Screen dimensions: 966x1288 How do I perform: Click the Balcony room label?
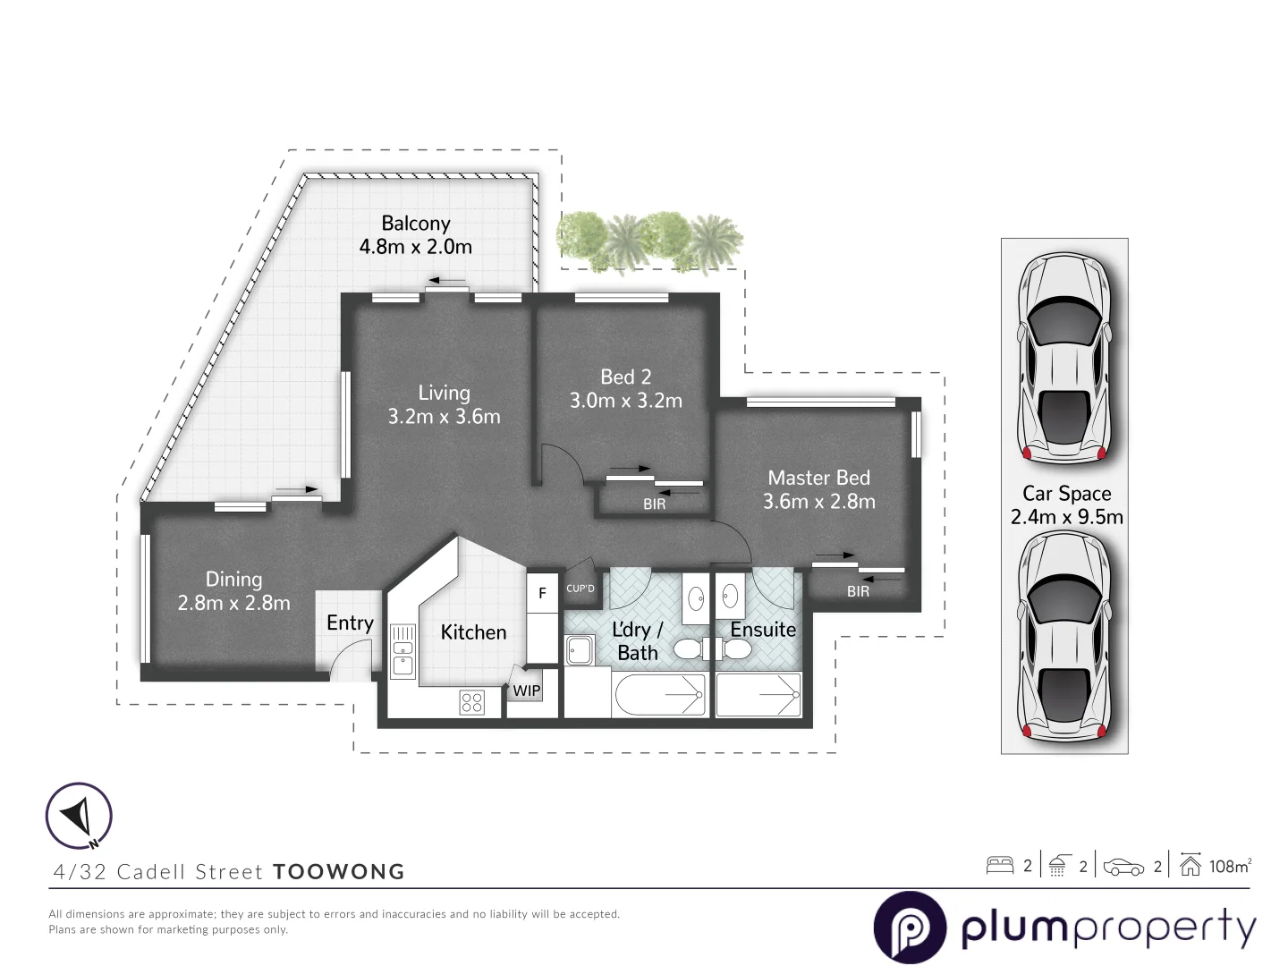pos(415,224)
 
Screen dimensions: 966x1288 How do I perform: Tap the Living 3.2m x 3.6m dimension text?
pos(444,417)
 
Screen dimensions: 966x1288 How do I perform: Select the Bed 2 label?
pos(625,377)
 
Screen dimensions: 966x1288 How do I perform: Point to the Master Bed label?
pos(818,479)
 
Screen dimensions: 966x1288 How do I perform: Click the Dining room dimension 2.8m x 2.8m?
pos(233,604)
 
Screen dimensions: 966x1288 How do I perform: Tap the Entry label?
pos(350,623)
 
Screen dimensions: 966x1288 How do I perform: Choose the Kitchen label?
pos(473,632)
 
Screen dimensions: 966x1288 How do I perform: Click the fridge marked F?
pos(542,593)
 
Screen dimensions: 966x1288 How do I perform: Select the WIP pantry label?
pos(526,691)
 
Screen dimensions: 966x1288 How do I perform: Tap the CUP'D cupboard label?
pos(580,589)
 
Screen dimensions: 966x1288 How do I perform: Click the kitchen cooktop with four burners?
pos(471,702)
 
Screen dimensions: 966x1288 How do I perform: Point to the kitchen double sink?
pos(403,650)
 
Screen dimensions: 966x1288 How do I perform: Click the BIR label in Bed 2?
pos(654,504)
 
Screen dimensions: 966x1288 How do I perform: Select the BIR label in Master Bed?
pos(858,591)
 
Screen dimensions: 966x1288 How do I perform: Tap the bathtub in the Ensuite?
pos(758,695)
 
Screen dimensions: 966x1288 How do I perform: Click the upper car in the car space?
pos(1064,358)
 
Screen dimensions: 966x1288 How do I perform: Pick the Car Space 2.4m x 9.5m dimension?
pos(1066,517)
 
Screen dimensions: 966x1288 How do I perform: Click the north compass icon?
pos(79,816)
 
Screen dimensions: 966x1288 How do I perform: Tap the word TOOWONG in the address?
pos(339,872)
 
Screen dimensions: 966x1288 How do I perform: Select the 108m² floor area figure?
pos(1230,866)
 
